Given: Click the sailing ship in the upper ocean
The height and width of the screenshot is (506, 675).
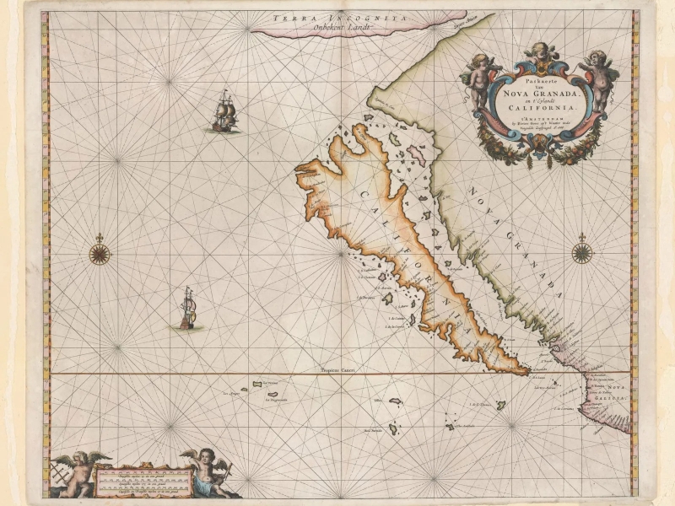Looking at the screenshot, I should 224,112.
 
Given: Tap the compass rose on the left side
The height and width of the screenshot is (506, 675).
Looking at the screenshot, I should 100,252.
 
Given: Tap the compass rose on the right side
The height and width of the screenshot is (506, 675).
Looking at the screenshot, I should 582,252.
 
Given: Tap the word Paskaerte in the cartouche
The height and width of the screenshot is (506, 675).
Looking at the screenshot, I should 538,78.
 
